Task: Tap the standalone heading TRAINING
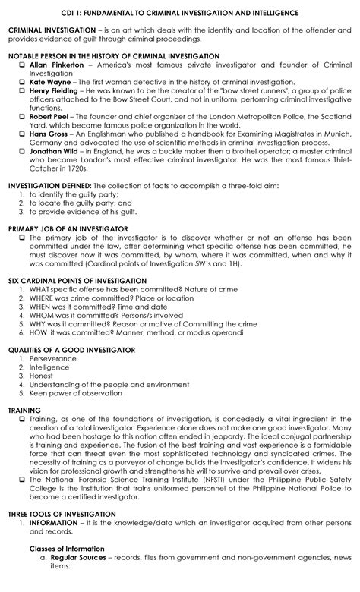click(x=24, y=411)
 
